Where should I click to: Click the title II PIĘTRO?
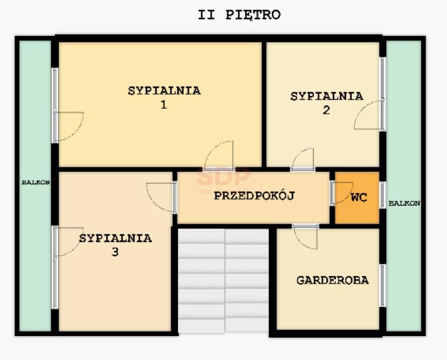pos(239,15)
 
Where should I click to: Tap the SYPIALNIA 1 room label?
pos(164,97)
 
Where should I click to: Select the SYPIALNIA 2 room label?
pos(326,103)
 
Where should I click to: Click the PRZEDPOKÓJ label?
pos(254,196)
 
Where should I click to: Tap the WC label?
pos(359,198)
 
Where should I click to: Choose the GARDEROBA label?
pos(332,280)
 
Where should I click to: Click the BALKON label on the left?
pos(35,183)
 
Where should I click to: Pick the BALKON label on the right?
pos(404,203)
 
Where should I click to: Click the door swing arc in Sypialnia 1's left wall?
pos(69,125)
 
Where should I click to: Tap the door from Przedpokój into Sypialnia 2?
pos(303,159)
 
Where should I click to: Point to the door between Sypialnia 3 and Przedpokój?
pos(162,196)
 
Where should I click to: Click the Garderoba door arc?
pos(306,237)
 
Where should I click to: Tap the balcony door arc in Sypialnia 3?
pos(68,241)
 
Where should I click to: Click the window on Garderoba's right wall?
pos(382,285)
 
